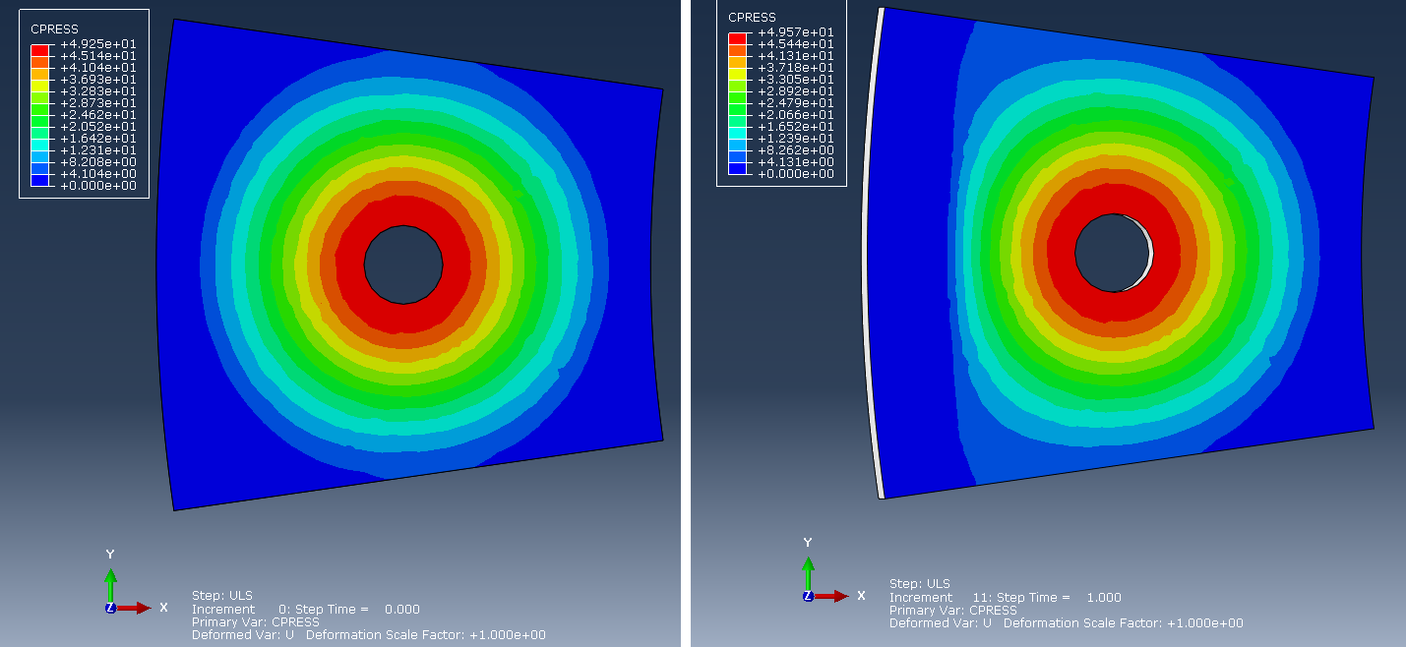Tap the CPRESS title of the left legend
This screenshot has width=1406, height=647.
click(55, 29)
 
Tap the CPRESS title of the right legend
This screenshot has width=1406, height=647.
click(752, 18)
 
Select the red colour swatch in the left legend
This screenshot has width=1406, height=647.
click(40, 50)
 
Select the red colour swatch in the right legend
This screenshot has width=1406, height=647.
click(737, 38)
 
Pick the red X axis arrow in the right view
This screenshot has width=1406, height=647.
click(830, 596)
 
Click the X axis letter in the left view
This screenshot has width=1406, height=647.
click(163, 608)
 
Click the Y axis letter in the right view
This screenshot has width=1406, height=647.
click(808, 543)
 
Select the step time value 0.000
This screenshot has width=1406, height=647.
click(402, 609)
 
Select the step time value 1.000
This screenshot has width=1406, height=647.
click(1103, 598)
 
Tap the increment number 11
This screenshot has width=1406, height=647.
click(980, 598)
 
